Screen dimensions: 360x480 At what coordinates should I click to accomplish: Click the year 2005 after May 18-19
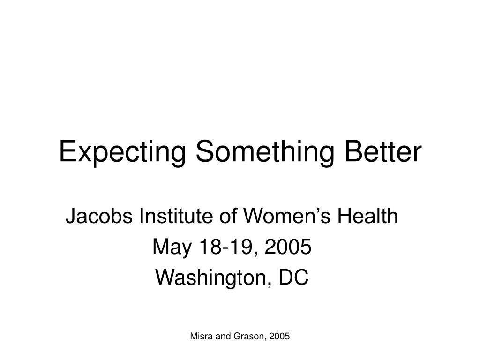point(288,247)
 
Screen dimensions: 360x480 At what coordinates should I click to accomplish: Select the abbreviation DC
point(294,277)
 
